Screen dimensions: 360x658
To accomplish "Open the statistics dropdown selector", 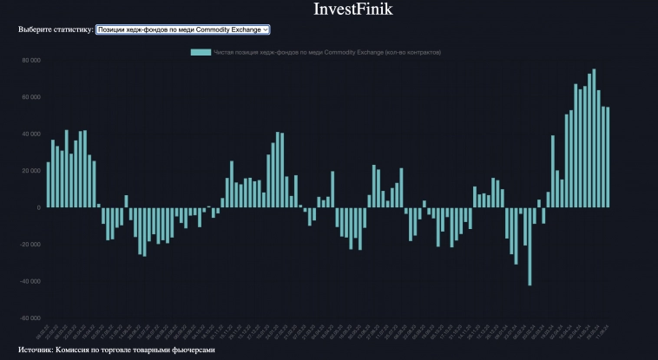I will click(182, 29).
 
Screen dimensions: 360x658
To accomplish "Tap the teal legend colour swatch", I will click(201, 52).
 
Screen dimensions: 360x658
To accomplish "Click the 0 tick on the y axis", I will click(38, 208).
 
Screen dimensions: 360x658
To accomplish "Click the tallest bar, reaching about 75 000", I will click(594, 139).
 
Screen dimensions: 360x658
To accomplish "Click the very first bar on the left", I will click(48, 185).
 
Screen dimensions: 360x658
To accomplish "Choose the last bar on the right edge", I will click(608, 157).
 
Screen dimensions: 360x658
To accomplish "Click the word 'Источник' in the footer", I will click(35, 350).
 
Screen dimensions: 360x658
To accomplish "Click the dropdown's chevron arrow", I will click(266, 29).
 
